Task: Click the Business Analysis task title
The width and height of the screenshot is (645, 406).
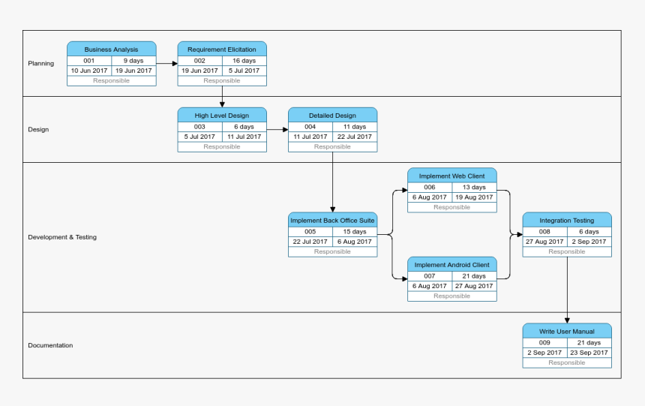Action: [x=111, y=50]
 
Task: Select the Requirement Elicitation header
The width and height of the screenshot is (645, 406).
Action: [x=221, y=50]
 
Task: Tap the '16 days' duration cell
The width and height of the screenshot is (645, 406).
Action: [x=244, y=61]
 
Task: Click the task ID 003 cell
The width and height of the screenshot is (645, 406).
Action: [x=199, y=127]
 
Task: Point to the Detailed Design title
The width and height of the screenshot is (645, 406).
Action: [x=332, y=116]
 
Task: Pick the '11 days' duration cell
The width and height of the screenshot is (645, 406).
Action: [x=354, y=127]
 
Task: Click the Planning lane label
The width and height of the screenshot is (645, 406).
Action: [x=40, y=64]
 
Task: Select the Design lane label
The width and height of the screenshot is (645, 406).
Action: [x=38, y=129]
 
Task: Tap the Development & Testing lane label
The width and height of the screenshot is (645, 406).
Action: [x=62, y=237]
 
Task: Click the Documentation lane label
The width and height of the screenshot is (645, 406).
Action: [x=50, y=345]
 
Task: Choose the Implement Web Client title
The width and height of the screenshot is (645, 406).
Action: [x=451, y=176]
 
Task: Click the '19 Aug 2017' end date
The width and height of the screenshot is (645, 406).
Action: [x=474, y=197]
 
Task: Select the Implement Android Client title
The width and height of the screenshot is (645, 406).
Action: [x=451, y=265]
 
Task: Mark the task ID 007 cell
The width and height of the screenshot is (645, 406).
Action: [x=430, y=276]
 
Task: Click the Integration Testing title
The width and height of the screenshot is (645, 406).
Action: [x=566, y=221]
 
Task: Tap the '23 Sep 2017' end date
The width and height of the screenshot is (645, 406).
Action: [x=589, y=353]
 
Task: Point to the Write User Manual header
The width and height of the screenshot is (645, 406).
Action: [x=566, y=331]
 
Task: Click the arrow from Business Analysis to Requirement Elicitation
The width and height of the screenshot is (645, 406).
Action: [x=166, y=64]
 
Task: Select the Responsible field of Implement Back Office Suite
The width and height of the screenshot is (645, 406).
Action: [x=332, y=252]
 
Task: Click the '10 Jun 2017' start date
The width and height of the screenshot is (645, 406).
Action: [x=89, y=71]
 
